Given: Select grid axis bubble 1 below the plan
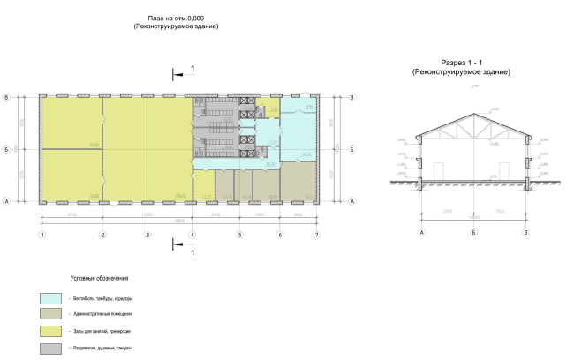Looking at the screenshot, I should tap(42, 236).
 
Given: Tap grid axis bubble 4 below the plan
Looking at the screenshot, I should tap(193, 236).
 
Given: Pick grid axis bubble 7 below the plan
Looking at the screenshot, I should tap(317, 236).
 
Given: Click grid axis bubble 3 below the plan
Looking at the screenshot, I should tap(147, 236).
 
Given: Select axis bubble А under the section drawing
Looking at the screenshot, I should tap(422, 232).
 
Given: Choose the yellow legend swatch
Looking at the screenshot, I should tap(50, 331).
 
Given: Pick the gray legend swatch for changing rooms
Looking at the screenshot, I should tap(50, 348).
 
